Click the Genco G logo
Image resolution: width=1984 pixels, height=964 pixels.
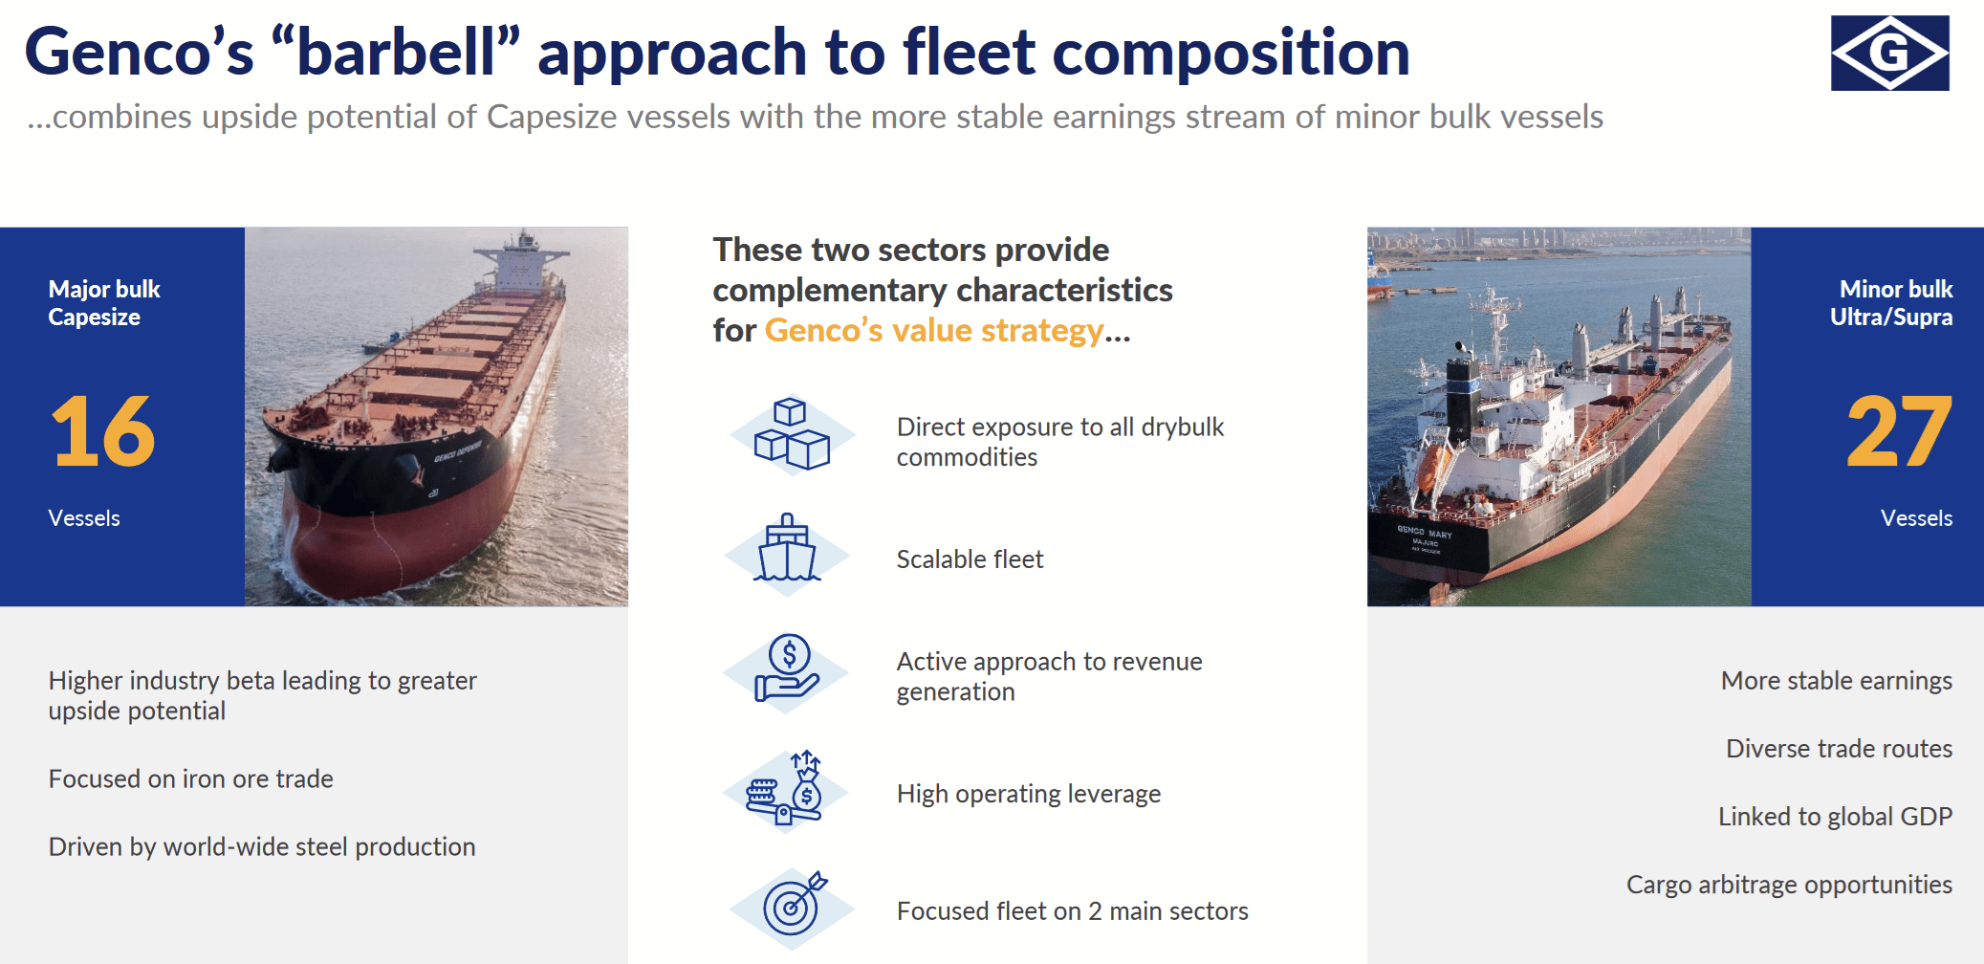tap(1889, 54)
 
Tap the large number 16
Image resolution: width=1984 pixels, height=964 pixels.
tap(102, 432)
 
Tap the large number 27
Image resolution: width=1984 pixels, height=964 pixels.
tap(1898, 432)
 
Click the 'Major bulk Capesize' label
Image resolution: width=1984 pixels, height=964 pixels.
tap(103, 303)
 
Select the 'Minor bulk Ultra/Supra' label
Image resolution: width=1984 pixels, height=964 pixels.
tap(1890, 303)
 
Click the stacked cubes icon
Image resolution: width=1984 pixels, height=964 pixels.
tap(792, 436)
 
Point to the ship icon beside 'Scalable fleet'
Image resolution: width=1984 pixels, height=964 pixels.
tap(787, 552)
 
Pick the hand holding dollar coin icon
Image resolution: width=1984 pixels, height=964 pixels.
tap(786, 669)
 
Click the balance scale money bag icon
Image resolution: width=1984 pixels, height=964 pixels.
tap(786, 790)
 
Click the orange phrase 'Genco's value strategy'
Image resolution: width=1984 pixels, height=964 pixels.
tap(933, 331)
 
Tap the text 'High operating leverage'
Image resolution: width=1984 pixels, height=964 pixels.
tap(1028, 794)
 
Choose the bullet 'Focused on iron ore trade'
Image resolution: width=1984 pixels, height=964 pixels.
tap(190, 779)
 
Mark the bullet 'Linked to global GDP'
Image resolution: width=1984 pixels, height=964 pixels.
tap(1834, 817)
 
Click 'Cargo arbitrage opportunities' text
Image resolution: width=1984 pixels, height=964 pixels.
tap(1788, 885)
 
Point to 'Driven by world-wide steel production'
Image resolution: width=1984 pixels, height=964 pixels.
tap(261, 847)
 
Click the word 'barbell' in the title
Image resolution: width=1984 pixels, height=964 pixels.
tap(395, 52)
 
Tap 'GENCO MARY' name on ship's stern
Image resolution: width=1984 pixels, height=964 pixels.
tap(1424, 532)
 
